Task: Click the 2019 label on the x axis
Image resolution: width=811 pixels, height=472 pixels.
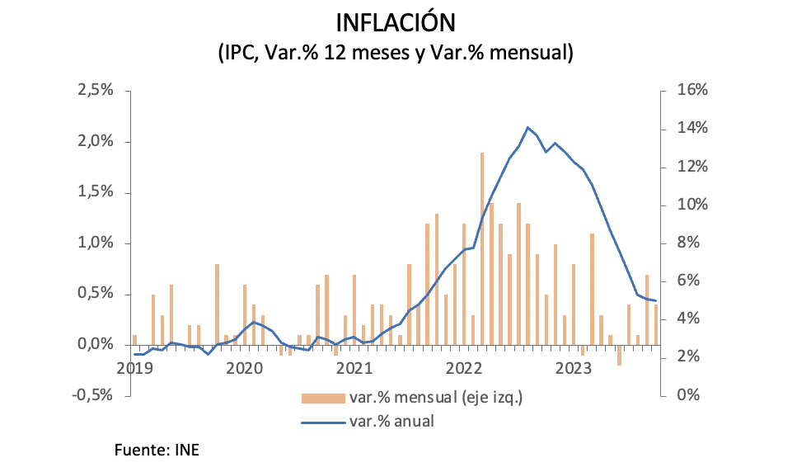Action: click(x=134, y=367)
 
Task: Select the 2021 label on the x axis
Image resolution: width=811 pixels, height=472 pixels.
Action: click(x=354, y=367)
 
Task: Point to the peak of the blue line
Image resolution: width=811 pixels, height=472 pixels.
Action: click(x=527, y=127)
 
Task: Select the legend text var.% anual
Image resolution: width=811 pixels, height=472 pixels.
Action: click(x=391, y=421)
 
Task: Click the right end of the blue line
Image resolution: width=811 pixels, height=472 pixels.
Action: click(x=655, y=300)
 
